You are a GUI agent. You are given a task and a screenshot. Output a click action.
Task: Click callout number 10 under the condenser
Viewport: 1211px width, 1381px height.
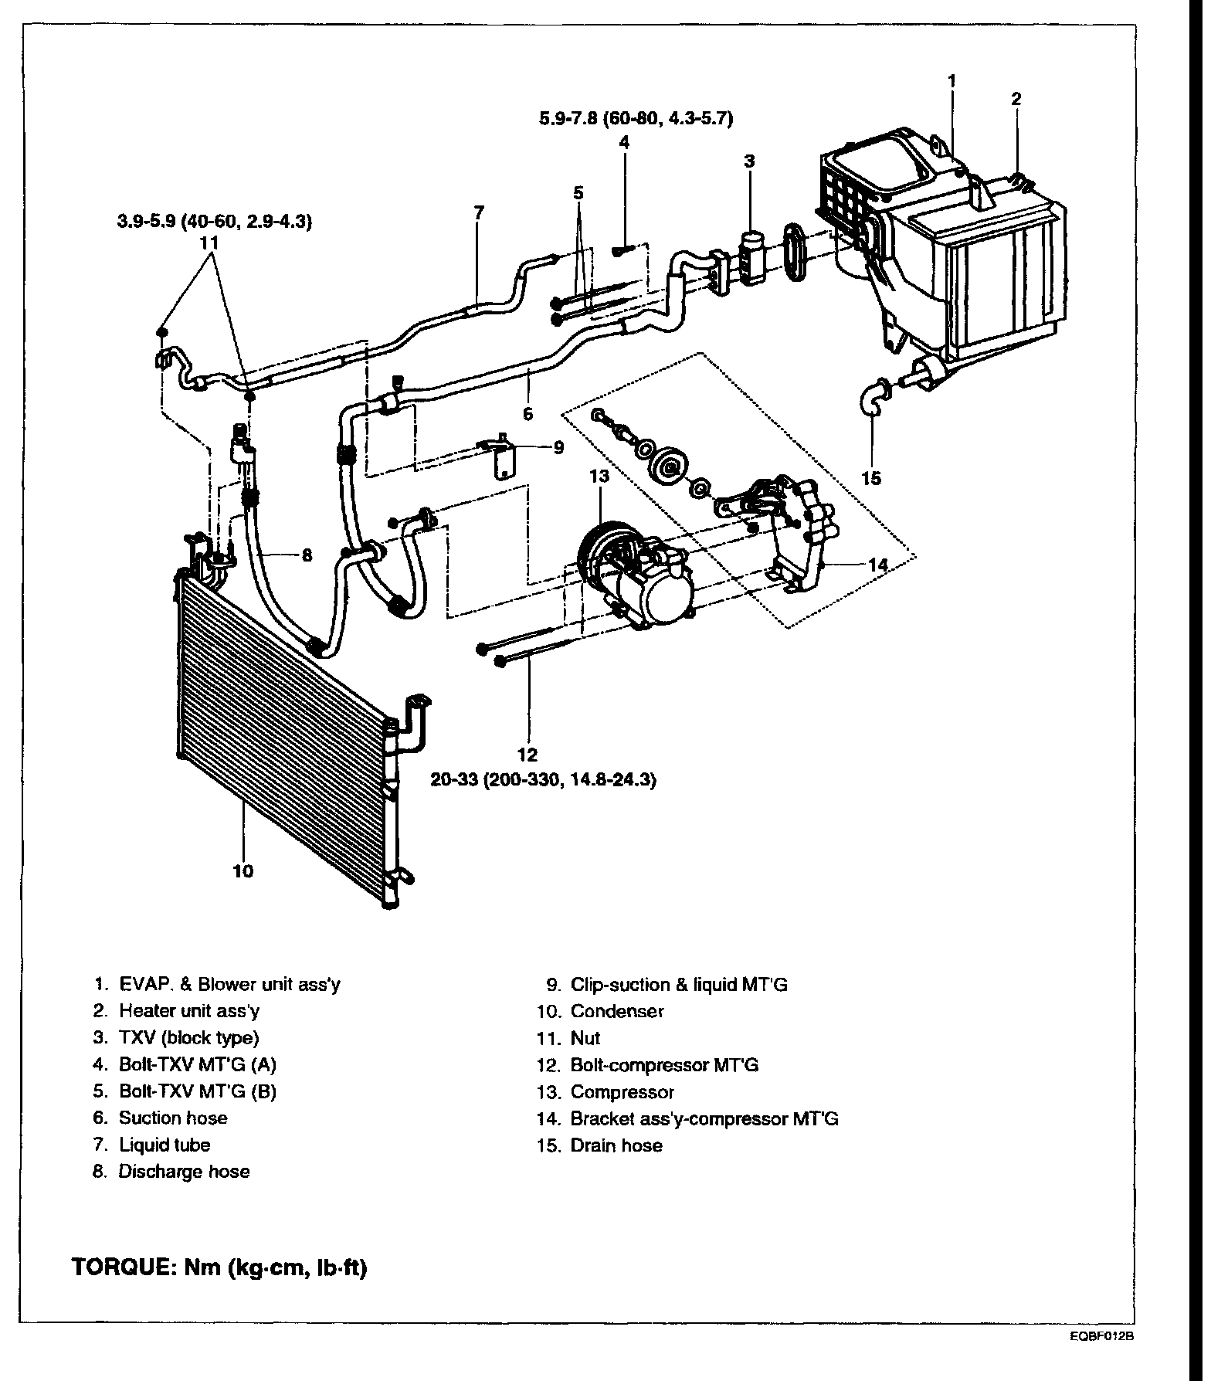click(x=243, y=871)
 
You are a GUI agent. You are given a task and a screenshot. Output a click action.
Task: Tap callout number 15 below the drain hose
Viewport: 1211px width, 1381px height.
click(x=871, y=479)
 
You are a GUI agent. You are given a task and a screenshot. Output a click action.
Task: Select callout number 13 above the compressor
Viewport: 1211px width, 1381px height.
click(x=599, y=477)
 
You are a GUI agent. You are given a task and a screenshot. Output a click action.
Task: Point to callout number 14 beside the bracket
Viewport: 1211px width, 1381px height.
click(x=878, y=565)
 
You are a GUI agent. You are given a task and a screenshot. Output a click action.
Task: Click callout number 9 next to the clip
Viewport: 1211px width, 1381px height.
click(x=558, y=447)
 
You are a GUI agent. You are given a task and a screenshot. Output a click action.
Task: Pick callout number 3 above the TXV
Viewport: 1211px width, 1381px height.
click(x=749, y=161)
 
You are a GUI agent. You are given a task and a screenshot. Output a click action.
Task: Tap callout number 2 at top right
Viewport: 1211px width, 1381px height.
click(x=1016, y=99)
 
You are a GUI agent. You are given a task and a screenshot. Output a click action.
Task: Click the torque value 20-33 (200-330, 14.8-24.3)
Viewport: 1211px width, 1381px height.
click(x=543, y=781)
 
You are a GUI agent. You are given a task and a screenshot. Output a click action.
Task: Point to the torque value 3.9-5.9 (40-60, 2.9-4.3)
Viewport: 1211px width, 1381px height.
click(x=214, y=222)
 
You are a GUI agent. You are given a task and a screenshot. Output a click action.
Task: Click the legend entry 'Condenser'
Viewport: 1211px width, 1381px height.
click(x=616, y=1011)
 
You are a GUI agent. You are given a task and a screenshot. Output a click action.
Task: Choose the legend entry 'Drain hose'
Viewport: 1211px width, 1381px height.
click(x=616, y=1145)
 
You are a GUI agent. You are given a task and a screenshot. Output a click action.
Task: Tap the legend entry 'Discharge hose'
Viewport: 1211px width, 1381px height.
click(x=184, y=1172)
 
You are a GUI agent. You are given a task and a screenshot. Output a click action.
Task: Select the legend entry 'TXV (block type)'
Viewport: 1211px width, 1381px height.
click(x=188, y=1037)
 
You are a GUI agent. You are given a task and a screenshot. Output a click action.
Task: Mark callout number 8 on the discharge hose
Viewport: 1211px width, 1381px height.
click(x=307, y=555)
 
